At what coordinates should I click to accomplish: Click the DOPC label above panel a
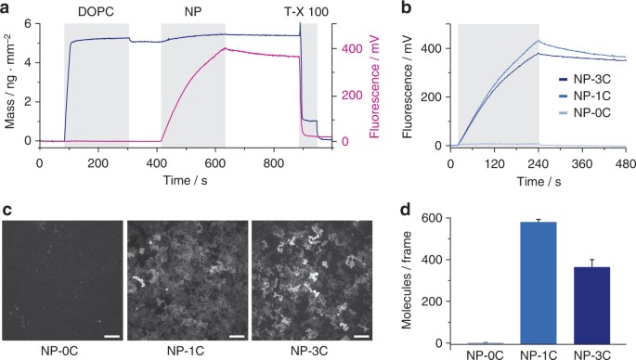click(96, 11)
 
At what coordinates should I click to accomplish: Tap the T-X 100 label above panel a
click(306, 11)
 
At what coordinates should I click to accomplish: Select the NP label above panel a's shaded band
click(193, 11)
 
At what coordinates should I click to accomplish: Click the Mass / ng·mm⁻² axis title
click(9, 82)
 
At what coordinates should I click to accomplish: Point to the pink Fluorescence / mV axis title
click(374, 86)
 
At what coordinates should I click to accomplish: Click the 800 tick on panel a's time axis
click(274, 163)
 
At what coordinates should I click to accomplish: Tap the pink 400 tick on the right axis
click(352, 48)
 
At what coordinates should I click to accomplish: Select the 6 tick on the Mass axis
click(28, 23)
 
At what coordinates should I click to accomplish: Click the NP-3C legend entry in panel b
click(585, 79)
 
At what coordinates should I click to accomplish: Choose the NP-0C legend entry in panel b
click(585, 112)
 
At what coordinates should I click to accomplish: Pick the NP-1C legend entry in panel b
click(585, 96)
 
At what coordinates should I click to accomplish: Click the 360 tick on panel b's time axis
click(582, 164)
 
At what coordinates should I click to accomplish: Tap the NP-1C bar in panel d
click(539, 283)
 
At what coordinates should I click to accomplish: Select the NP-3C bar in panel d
click(592, 305)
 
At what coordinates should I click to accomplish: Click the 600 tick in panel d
click(432, 218)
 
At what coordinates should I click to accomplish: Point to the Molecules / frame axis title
click(408, 280)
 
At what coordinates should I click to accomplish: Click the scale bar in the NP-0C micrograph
click(111, 336)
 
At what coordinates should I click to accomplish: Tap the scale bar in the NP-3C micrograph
click(363, 336)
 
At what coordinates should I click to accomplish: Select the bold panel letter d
click(406, 210)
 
